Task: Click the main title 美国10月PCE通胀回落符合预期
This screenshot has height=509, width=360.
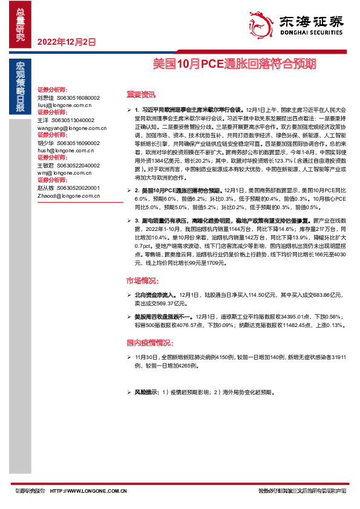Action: click(x=234, y=63)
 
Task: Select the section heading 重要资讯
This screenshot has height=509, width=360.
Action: click(x=140, y=94)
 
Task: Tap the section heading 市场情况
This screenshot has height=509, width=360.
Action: click(x=142, y=281)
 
